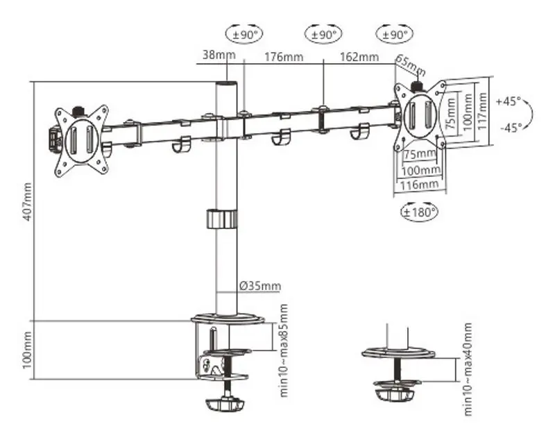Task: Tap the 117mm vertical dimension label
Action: click(x=481, y=111)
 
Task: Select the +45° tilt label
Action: click(x=509, y=101)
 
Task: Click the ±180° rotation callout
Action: click(x=420, y=211)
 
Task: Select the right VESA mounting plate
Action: click(x=418, y=114)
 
